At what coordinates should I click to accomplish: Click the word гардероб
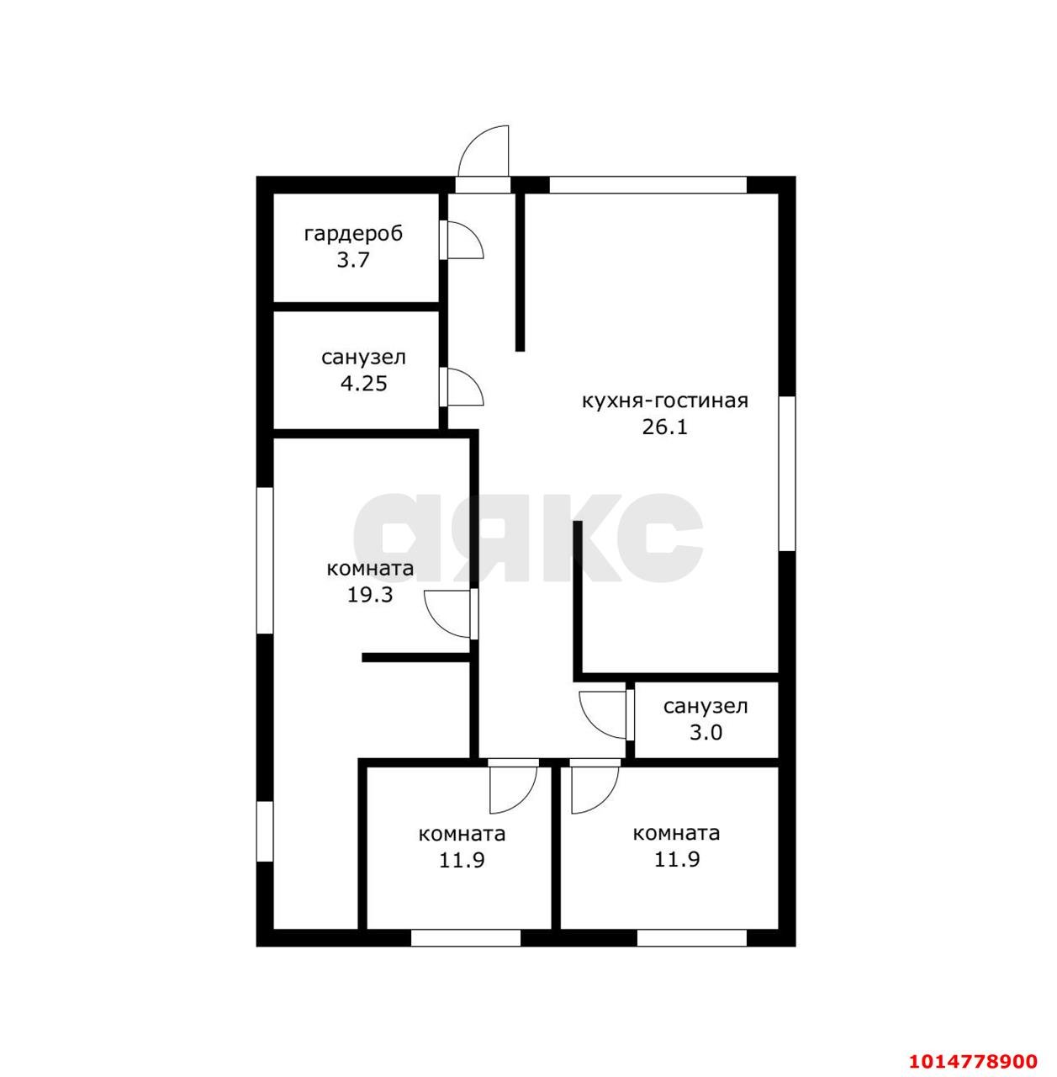point(353,235)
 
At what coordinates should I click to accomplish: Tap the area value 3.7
point(353,261)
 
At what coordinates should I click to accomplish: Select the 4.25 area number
point(364,384)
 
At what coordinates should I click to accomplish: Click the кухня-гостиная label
point(665,401)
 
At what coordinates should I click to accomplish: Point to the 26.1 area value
point(665,427)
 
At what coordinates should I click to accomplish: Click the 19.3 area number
point(370,595)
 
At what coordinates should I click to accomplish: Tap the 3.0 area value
point(706,732)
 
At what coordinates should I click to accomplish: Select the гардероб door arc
point(465,239)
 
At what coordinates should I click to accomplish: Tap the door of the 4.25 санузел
point(465,386)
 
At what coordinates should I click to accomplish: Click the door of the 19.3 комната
point(447,613)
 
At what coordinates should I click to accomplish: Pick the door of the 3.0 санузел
point(603,715)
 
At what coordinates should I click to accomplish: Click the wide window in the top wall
point(648,184)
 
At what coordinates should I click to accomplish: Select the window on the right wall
point(786,474)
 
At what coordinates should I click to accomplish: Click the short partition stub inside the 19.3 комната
point(415,657)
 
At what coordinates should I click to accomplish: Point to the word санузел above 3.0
point(706,707)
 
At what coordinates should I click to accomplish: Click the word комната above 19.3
point(370,569)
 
